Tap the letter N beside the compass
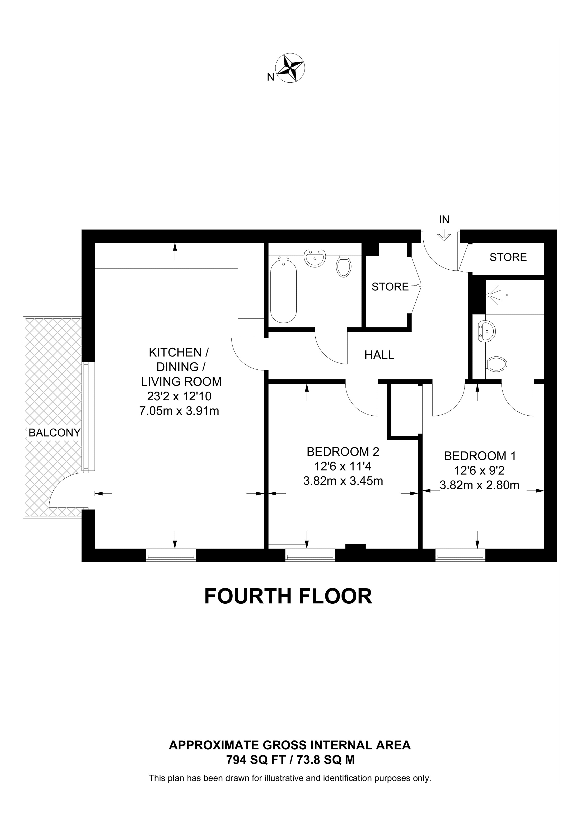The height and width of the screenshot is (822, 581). tap(271, 77)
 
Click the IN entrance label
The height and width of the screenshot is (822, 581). tap(444, 219)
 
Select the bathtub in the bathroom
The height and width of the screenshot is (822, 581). tap(284, 291)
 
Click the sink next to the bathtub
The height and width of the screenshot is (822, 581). tap(315, 258)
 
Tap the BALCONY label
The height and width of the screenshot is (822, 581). tap(54, 433)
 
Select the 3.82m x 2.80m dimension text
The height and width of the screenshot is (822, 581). tap(479, 485)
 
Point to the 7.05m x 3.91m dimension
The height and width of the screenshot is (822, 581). tap(179, 411)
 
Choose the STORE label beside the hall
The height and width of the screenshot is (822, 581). tap(390, 287)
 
